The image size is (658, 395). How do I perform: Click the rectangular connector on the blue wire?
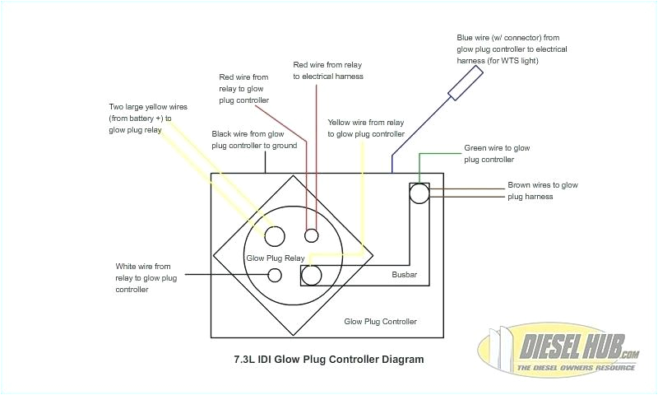coord(466,83)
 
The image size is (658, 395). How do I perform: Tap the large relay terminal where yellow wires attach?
coord(274,236)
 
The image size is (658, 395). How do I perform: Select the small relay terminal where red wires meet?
coord(311,236)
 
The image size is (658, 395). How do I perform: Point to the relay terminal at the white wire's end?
coord(276,274)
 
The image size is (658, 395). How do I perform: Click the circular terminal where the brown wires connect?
coord(419,193)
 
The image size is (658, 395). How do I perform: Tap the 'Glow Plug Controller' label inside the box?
coord(380,321)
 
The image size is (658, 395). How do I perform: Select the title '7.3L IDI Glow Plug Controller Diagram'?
coord(329,360)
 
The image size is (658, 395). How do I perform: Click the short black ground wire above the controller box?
coord(266,163)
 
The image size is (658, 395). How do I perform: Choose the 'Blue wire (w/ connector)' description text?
coord(512,49)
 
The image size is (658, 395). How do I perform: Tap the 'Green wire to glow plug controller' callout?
coord(496,154)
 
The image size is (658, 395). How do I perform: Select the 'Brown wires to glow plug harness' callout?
coord(542,191)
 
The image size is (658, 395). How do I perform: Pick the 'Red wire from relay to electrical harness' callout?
coord(328,70)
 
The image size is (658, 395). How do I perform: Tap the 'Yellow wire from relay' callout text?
coord(366,128)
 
